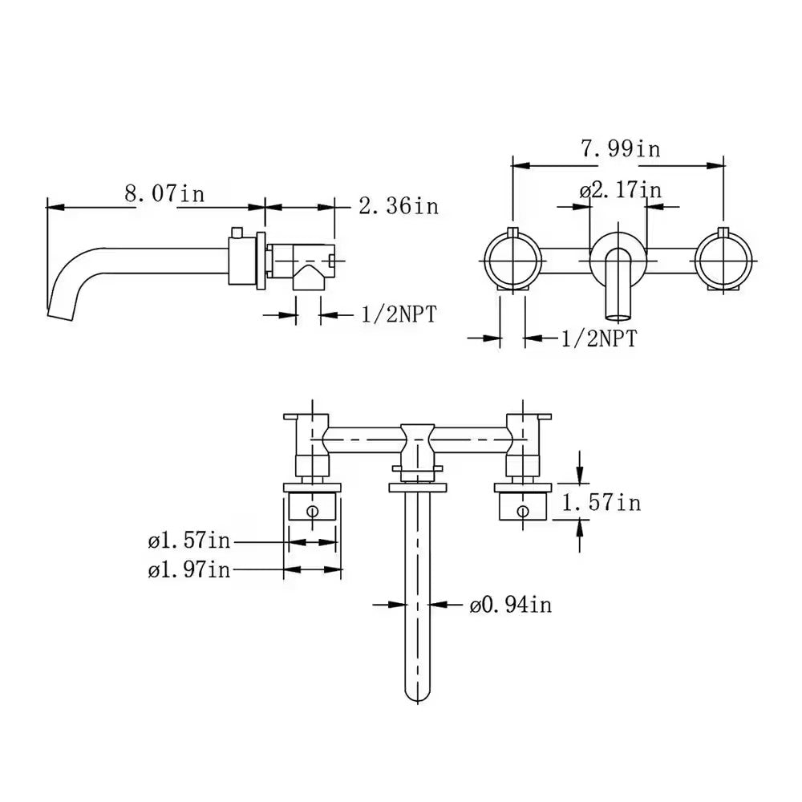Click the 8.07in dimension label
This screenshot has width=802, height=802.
164,194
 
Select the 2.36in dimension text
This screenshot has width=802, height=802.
398,206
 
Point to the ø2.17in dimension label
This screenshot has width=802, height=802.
621,190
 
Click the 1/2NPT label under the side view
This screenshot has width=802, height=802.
399,314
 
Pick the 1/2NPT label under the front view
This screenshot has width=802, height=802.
598,338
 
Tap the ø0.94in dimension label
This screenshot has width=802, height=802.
511,605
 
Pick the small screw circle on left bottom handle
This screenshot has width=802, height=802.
314,510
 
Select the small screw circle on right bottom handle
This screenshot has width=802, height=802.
523,510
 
